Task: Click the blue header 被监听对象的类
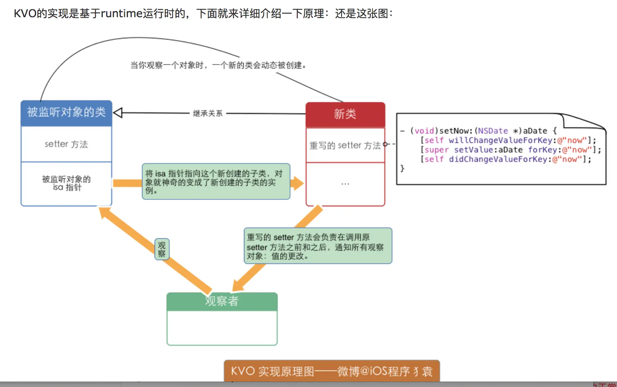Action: [66, 112]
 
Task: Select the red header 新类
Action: [345, 114]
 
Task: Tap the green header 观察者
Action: [222, 301]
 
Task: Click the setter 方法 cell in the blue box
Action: [66, 144]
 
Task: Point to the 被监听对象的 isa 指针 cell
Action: [66, 183]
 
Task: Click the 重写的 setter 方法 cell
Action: [345, 145]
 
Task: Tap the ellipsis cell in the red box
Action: [345, 184]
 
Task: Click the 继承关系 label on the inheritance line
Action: [207, 113]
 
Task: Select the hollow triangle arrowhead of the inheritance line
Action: [118, 113]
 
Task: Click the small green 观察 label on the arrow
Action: [162, 249]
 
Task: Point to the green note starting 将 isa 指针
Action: [216, 182]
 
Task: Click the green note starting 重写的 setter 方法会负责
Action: [318, 246]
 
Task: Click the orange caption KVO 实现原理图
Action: [331, 371]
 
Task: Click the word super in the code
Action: [437, 150]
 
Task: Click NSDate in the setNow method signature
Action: [493, 131]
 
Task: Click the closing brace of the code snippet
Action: [402, 168]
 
